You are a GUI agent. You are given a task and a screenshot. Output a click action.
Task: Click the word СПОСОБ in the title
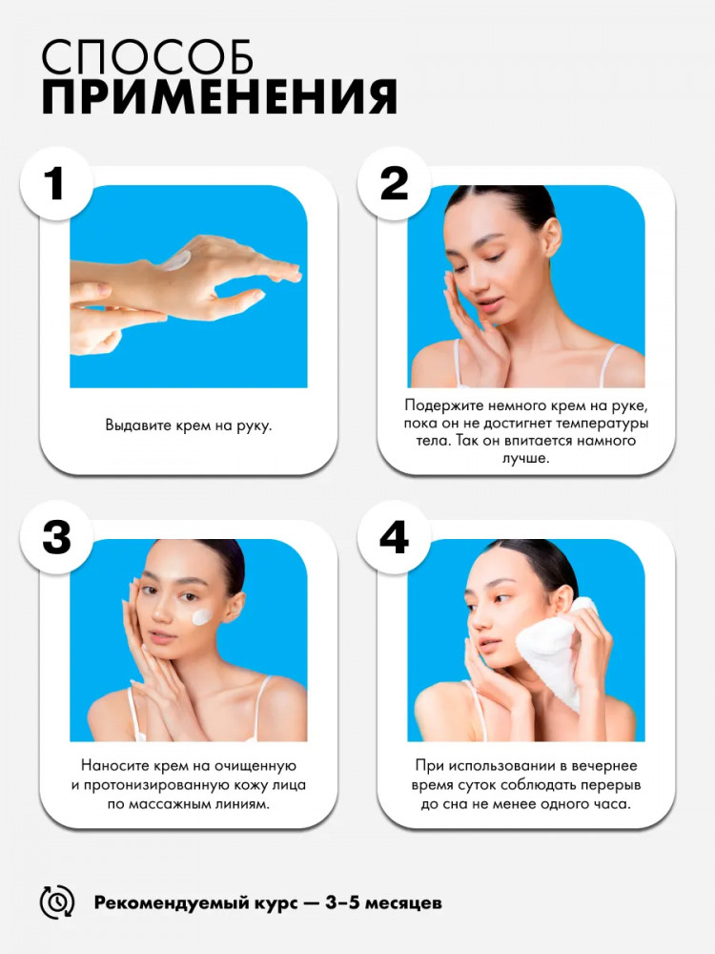tap(147, 57)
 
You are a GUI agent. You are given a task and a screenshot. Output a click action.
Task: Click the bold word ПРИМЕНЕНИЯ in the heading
tap(219, 96)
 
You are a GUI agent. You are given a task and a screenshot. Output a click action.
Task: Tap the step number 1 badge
tap(56, 183)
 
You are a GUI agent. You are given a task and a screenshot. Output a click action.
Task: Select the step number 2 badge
tap(394, 183)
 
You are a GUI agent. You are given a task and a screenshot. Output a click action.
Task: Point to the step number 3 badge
tap(56, 537)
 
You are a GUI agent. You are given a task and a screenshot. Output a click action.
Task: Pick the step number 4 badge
tap(394, 537)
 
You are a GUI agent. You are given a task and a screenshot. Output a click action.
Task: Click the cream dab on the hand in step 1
tap(175, 261)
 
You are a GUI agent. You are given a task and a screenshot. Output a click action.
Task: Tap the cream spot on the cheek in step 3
tap(202, 616)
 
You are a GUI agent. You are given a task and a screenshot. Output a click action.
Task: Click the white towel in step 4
tap(550, 652)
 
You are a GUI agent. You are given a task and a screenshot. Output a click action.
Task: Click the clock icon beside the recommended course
tap(56, 902)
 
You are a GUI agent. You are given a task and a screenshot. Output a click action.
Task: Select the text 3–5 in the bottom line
tap(342, 902)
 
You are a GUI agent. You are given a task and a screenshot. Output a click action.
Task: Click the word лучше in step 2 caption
tap(525, 458)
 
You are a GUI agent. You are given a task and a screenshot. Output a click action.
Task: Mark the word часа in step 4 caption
tap(612, 804)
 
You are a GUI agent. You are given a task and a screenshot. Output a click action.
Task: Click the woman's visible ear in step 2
tap(551, 238)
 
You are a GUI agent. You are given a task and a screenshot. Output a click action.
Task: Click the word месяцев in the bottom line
tap(403, 902)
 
